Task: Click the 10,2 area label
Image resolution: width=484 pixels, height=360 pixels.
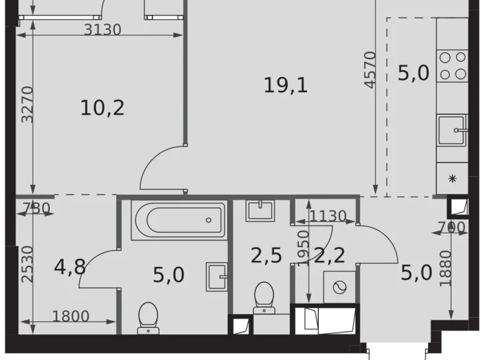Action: pos(102,108)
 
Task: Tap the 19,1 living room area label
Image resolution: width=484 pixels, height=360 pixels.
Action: pos(285,86)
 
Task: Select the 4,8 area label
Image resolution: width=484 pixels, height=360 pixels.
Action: pos(70,268)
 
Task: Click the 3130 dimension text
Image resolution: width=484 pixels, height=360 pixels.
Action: pos(102,30)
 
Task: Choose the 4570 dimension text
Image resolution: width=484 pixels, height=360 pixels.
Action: pos(370,70)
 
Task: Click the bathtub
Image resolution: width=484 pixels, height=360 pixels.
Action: pos(178,219)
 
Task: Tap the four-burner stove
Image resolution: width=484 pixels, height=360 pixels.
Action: pos(452,65)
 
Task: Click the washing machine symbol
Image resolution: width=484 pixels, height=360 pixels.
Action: pos(340,287)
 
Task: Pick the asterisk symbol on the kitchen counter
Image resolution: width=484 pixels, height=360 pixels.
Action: pos(452,179)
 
